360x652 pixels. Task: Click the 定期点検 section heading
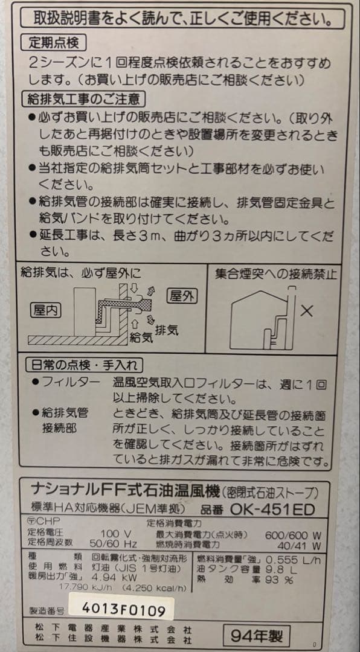click(x=53, y=43)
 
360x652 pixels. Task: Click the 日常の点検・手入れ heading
click(x=85, y=365)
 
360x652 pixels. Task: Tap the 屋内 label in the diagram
click(x=46, y=311)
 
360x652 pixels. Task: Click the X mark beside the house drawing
click(x=306, y=312)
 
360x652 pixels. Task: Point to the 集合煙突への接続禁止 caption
click(x=276, y=273)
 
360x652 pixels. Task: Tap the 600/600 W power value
click(x=293, y=535)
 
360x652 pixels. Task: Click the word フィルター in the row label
click(x=71, y=382)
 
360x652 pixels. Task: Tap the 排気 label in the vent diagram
click(x=167, y=330)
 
